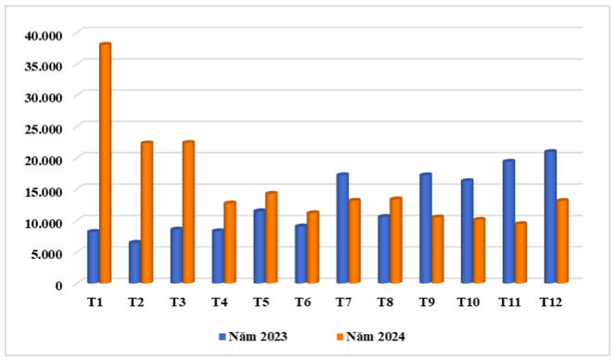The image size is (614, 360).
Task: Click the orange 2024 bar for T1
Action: point(105,163)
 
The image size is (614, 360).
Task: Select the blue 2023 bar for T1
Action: point(93,257)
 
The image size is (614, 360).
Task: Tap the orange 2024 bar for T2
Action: point(147,212)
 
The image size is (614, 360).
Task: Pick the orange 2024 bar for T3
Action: point(187,212)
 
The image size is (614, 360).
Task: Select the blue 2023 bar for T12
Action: point(550,217)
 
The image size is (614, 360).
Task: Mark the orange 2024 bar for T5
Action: point(271,238)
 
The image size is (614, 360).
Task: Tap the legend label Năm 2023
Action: point(263,336)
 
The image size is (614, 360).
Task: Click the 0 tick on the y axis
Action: point(58,285)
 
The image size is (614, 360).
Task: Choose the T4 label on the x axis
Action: point(219,302)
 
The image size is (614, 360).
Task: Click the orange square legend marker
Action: point(339,336)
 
